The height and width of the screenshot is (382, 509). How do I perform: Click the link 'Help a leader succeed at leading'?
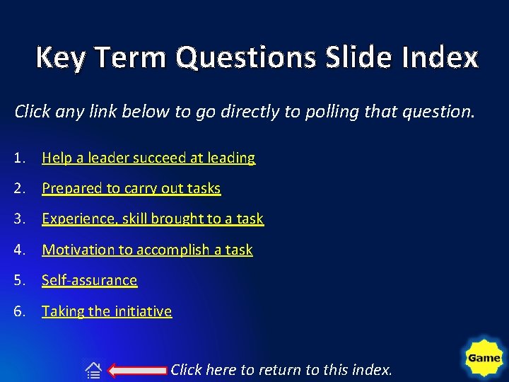click(148, 158)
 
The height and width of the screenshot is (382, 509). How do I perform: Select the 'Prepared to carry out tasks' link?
click(131, 189)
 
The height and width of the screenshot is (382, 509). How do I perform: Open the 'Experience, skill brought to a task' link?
click(153, 219)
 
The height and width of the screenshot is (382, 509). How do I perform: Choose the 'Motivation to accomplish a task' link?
click(147, 250)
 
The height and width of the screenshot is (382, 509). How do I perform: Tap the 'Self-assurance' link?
click(90, 280)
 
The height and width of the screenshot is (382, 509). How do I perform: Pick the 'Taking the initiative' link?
click(107, 311)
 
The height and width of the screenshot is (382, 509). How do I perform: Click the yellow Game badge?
click(484, 358)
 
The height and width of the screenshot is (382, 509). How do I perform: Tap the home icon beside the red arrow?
click(93, 369)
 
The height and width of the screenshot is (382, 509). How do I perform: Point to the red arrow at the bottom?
click(139, 369)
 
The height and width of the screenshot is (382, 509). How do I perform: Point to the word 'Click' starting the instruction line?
click(33, 112)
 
